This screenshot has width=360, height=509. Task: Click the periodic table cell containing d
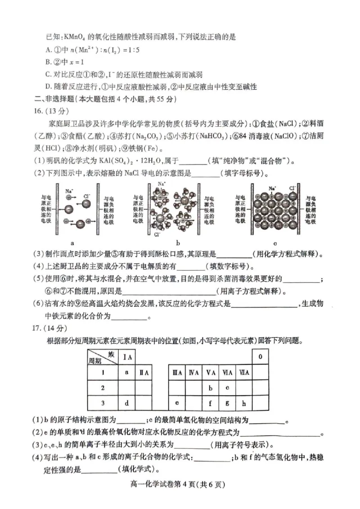click(127, 403)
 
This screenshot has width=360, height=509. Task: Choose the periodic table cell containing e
click(177, 403)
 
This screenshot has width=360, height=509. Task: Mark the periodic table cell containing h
click(244, 403)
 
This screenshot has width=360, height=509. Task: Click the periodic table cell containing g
click(227, 403)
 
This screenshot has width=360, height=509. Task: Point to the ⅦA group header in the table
click(244, 372)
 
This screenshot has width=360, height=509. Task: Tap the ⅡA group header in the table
click(144, 372)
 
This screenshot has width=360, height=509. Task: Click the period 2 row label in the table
click(103, 388)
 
